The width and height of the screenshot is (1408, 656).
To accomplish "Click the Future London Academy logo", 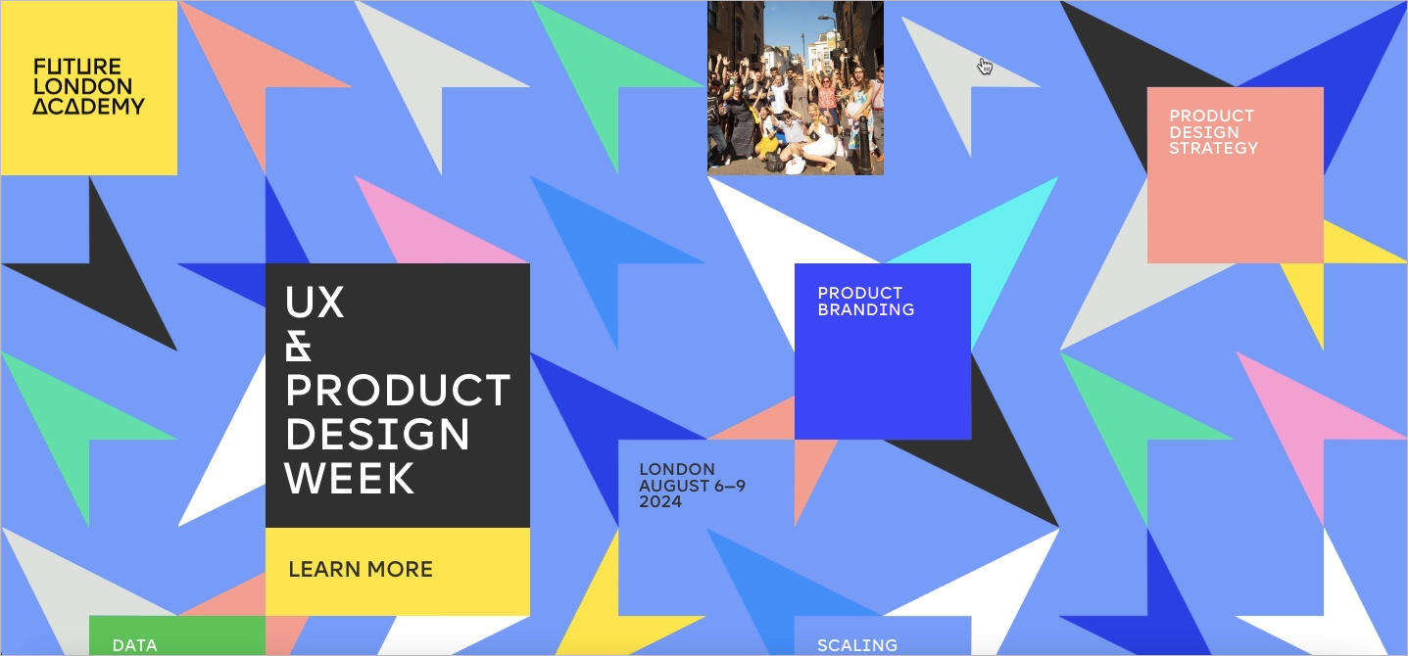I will pyautogui.click(x=88, y=87).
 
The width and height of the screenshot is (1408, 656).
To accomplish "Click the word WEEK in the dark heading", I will pyautogui.click(x=350, y=478).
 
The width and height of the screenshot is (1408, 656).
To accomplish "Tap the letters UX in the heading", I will pyautogui.click(x=315, y=303).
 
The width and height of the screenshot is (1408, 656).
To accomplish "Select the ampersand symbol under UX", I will pyautogui.click(x=298, y=347).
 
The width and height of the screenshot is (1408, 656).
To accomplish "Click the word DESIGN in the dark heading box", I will pyautogui.click(x=377, y=434).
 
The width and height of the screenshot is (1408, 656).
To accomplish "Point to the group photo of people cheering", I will pyautogui.click(x=796, y=88).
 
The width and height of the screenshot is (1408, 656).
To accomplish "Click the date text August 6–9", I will pyautogui.click(x=692, y=486).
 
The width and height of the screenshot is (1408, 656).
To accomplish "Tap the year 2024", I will pyautogui.click(x=660, y=502).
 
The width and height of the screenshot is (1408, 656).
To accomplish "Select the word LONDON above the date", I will pyautogui.click(x=677, y=469).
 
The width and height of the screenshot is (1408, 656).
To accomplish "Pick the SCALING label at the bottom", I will pyautogui.click(x=857, y=645).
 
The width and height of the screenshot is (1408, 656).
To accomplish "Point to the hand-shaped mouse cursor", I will pyautogui.click(x=985, y=67).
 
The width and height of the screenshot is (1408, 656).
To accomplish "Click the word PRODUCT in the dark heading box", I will pyautogui.click(x=398, y=391).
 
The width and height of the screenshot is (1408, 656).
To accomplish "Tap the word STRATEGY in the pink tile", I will pyautogui.click(x=1213, y=148).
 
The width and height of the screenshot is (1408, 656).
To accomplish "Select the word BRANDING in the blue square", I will pyautogui.click(x=866, y=309).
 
